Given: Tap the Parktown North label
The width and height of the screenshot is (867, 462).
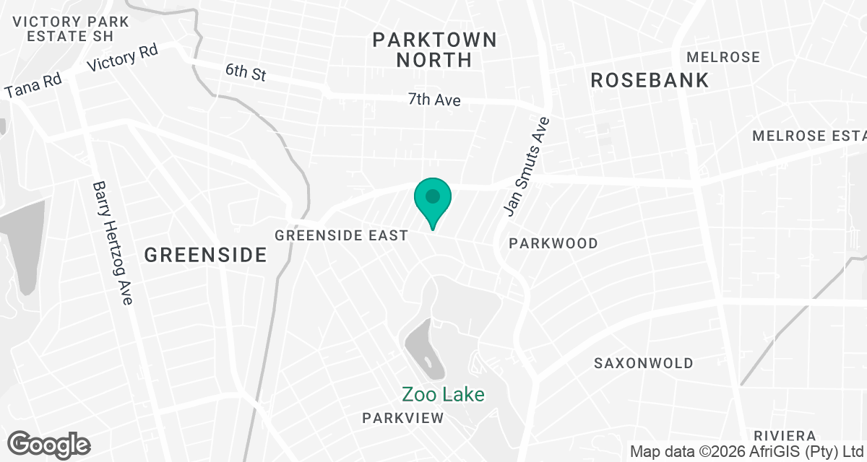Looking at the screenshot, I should coord(435,49).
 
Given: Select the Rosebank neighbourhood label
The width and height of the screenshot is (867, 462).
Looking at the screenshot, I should coord(650,80).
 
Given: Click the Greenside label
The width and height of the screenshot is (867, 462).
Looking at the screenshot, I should coord(205,255).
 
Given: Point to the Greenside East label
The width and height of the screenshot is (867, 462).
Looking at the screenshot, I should coord(342,235).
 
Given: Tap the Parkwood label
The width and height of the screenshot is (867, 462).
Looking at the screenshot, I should coord(553,243).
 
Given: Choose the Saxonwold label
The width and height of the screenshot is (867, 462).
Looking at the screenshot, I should coord(644,363).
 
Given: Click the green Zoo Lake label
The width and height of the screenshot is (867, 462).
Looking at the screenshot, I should coord(443,394).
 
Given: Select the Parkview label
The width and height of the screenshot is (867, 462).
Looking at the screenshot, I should coord(403,418).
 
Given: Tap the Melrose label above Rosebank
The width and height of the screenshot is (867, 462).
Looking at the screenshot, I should coord(723,57).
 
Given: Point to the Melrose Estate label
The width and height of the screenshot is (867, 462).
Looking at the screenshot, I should coord(808,136).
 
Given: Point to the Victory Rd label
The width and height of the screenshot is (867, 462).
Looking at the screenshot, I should coord(122,58).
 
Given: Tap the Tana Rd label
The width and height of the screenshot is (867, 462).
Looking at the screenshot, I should coord(33,86).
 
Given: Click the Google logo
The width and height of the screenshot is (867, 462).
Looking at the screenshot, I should coord(49,444).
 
